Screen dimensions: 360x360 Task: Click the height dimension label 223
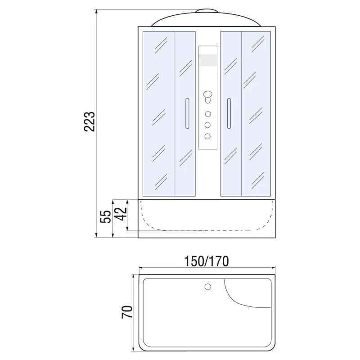pyautogui.click(x=90, y=121)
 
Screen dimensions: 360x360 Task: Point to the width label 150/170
pyautogui.click(x=207, y=261)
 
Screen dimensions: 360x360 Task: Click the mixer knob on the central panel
pyautogui.click(x=207, y=95)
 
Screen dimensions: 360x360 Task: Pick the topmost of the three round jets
pyautogui.click(x=207, y=113)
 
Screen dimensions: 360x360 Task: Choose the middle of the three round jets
pyautogui.click(x=207, y=125)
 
